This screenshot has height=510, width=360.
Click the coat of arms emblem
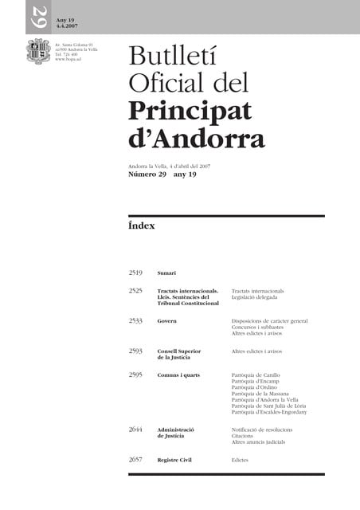[x=38, y=52]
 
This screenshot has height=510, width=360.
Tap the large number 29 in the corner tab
[x=38, y=15]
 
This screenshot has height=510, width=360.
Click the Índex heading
[x=141, y=226]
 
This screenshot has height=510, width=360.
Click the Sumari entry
[x=166, y=273]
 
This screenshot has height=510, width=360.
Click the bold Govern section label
[x=167, y=321]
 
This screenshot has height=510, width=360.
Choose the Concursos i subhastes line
[x=260, y=327]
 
